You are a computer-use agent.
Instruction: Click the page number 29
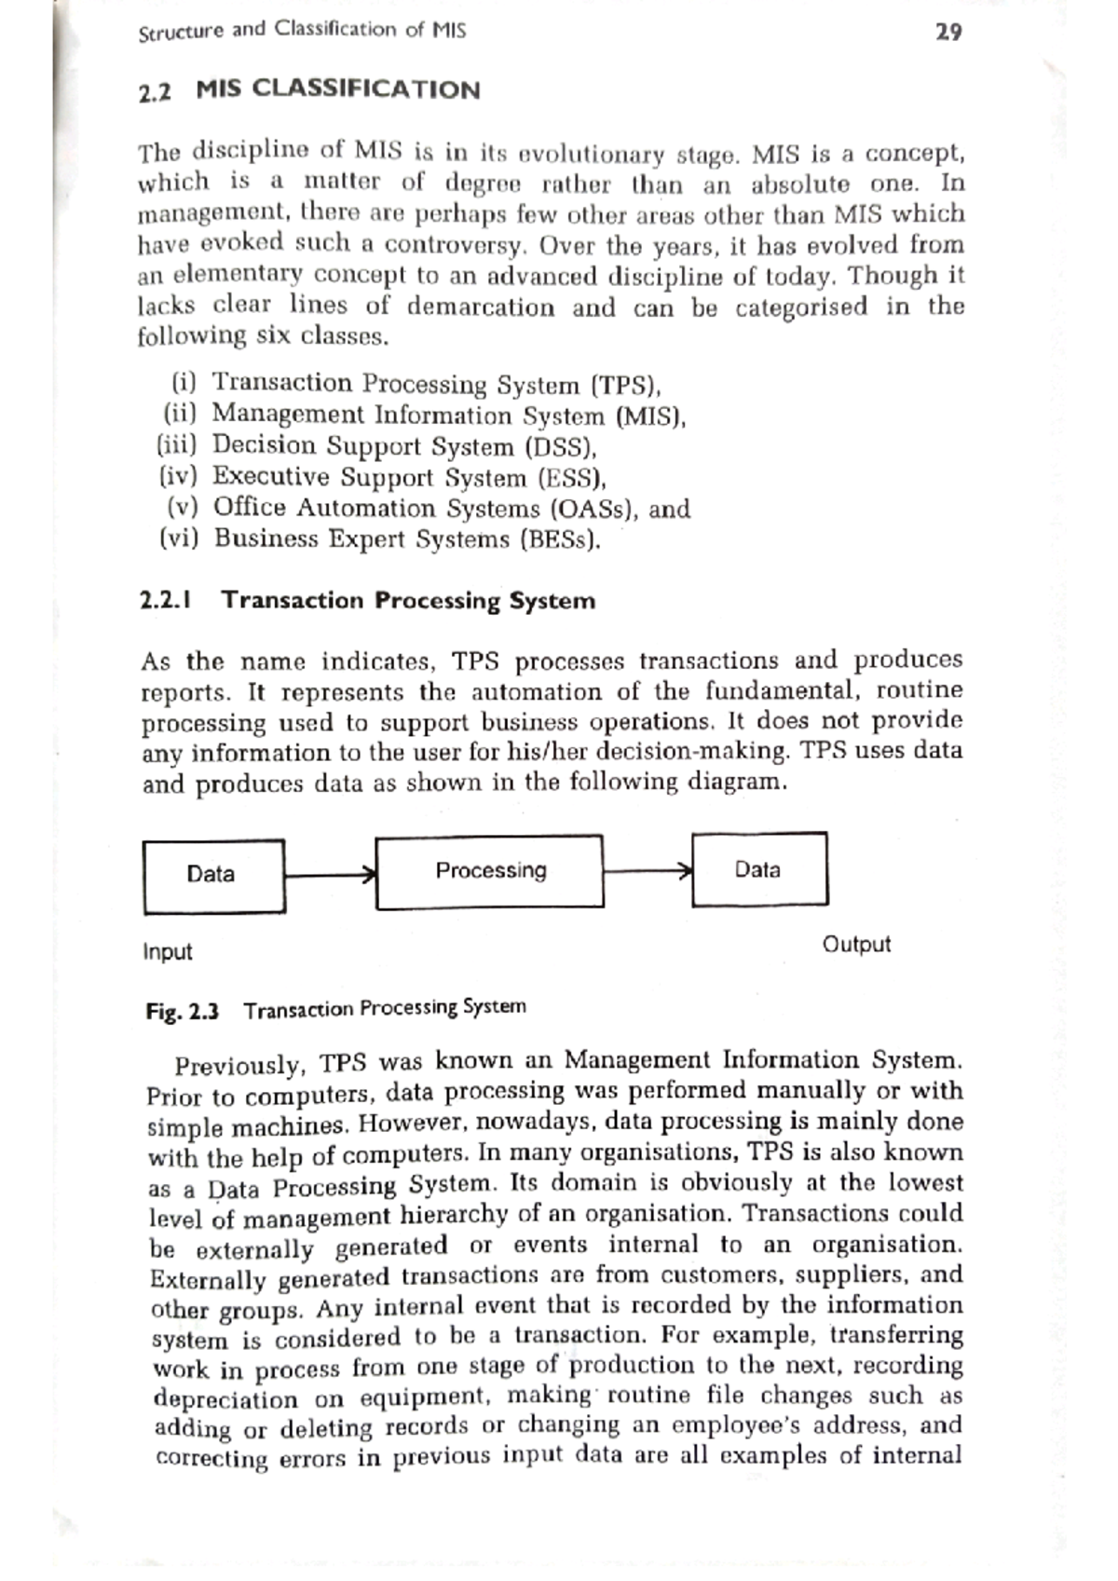948,33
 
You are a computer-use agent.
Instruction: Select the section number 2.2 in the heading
155,93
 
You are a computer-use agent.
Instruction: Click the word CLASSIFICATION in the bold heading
366,90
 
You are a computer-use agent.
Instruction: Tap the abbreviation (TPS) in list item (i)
626,386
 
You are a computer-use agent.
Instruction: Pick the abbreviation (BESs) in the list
560,539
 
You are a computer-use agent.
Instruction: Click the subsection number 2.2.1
166,600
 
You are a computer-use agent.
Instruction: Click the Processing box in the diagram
490,871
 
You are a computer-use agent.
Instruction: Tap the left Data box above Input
213,875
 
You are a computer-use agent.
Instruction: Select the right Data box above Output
759,869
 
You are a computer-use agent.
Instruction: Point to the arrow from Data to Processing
330,875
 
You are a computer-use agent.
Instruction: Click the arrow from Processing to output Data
648,871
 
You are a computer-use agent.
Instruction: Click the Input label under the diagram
168,952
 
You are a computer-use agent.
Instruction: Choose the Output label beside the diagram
856,945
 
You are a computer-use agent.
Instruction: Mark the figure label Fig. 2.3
182,1012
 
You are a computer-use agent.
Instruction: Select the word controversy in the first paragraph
457,245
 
